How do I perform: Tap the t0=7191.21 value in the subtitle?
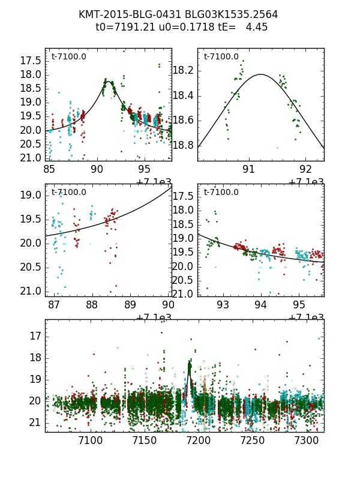click(x=123, y=27)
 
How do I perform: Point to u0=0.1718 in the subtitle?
click(x=176, y=27)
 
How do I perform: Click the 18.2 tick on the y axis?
click(x=184, y=71)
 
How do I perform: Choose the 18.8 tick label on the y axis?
click(x=184, y=146)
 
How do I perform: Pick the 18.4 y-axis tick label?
click(x=184, y=96)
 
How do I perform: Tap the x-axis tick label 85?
click(x=50, y=170)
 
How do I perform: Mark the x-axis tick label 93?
click(x=223, y=305)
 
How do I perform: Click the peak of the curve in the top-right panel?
click(x=261, y=74)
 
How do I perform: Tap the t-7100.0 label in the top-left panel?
click(x=68, y=57)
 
